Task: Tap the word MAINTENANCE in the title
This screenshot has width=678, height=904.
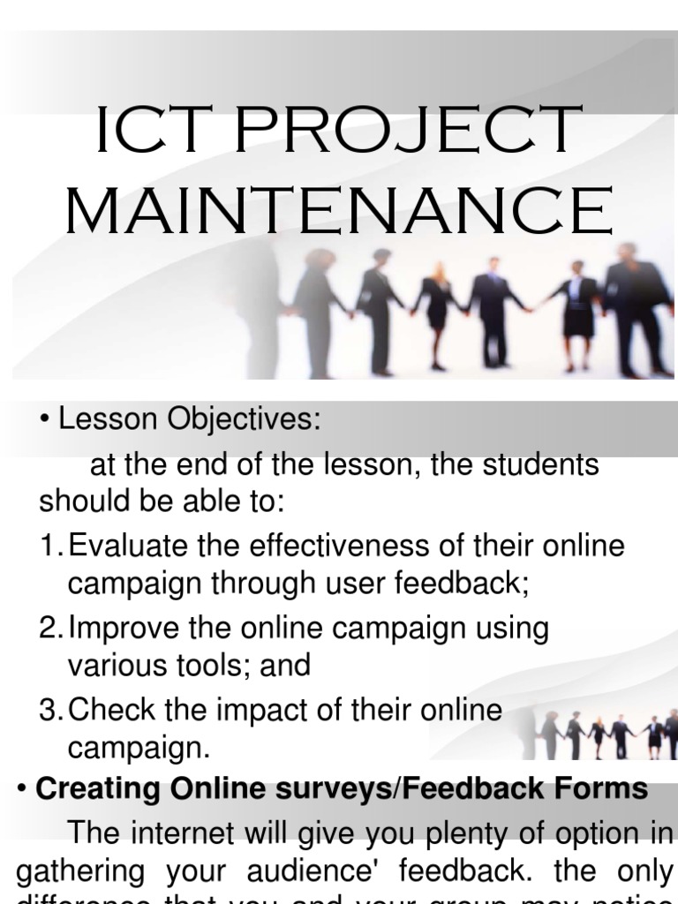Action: [339, 210]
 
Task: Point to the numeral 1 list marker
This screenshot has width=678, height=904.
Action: [47, 546]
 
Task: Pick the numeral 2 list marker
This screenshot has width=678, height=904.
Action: [47, 629]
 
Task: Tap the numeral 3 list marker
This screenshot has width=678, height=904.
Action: [47, 711]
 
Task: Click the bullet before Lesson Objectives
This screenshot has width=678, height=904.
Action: [44, 422]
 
